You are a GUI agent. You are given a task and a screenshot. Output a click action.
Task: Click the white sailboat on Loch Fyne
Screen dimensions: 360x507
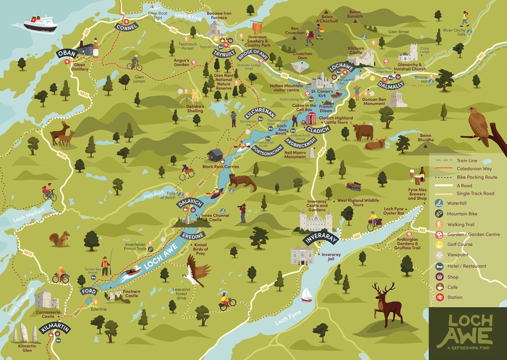click(x=306, y=295)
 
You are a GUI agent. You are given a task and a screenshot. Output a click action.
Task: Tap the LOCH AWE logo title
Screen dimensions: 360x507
click(x=464, y=329)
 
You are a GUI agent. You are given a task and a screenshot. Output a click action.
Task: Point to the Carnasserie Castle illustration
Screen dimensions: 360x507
click(x=47, y=299)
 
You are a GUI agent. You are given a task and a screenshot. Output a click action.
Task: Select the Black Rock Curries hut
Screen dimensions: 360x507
click(x=215, y=155)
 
